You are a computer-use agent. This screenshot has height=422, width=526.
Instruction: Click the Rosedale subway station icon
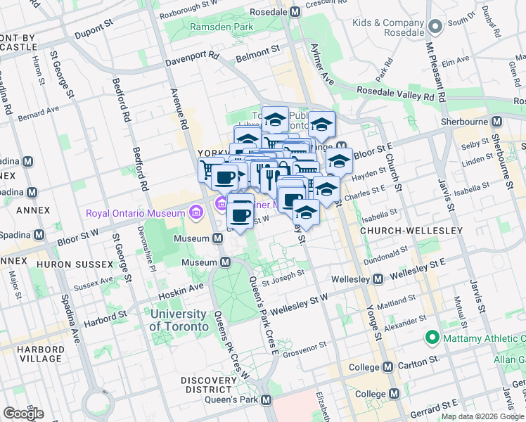pyautogui.click(x=296, y=12)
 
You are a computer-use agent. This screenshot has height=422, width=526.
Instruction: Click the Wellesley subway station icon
pyautogui.click(x=378, y=279)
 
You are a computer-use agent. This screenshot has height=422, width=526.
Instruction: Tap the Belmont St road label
pyautogui.click(x=257, y=51)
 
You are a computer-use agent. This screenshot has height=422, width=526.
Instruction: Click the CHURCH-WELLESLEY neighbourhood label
pyautogui.click(x=411, y=231)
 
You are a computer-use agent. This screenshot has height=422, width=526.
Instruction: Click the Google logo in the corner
pyautogui.click(x=24, y=413)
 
